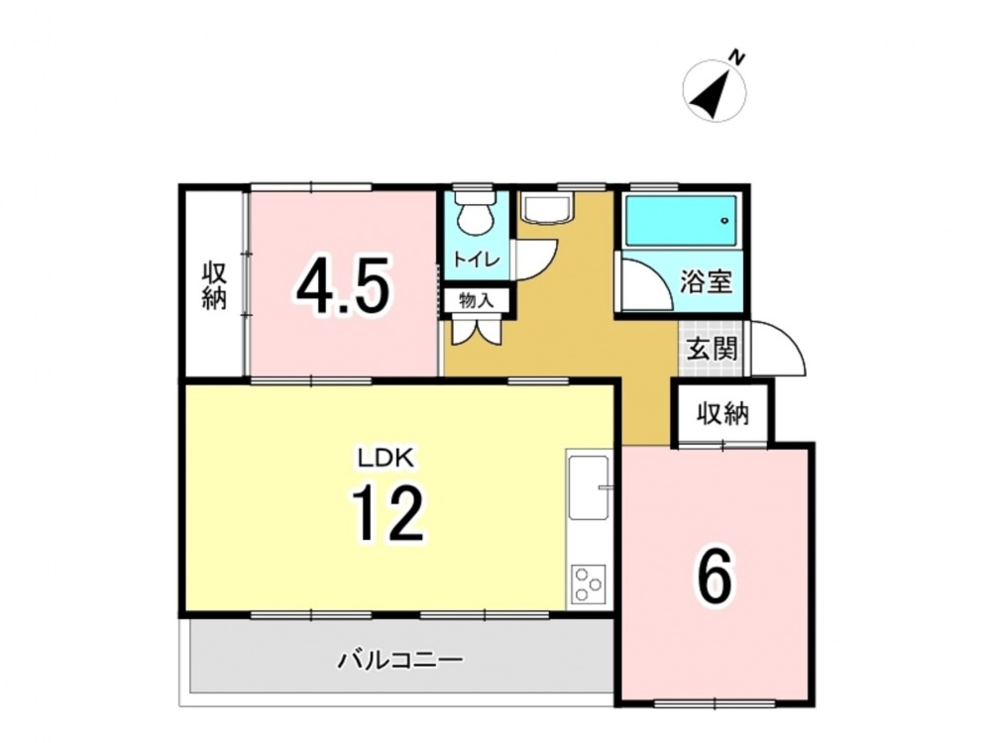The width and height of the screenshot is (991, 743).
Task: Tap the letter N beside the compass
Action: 736,57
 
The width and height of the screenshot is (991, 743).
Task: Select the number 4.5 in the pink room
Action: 342,287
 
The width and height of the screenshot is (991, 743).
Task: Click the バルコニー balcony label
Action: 400,661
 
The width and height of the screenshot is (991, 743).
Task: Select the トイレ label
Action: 476,260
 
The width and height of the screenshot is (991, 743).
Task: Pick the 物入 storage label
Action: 476,301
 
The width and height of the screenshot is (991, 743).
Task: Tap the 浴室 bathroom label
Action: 706,281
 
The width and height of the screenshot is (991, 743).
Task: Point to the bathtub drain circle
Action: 724,221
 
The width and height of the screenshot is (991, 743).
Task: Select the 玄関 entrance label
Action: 713,350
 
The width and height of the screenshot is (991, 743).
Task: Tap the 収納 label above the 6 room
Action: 723,414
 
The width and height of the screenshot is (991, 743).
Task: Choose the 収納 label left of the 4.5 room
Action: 214,286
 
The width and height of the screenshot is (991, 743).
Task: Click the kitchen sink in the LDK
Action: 589,487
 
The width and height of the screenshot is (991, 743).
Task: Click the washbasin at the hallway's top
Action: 547,207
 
